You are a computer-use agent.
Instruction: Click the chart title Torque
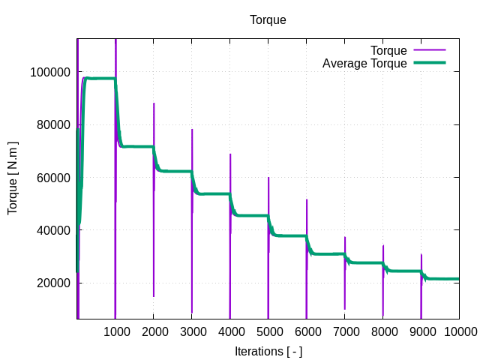point(268,20)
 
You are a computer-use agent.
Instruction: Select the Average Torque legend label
point(364,64)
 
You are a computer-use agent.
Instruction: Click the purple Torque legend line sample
point(429,51)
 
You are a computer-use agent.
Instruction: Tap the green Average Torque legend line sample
point(429,64)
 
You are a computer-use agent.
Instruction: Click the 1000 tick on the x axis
point(115,331)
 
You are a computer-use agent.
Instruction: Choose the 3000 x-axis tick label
point(192,331)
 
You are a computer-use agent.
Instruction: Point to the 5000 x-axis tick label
point(268,331)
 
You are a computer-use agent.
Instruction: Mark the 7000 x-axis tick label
point(345,331)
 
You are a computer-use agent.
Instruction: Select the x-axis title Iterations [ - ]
point(268,351)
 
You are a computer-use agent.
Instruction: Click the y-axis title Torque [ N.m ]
point(13,177)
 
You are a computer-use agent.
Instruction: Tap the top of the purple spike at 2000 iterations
point(154,103)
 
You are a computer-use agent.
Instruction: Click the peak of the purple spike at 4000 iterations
point(230,154)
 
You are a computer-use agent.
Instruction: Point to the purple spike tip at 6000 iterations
point(307,199)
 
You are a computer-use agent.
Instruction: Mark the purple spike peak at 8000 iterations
point(383,245)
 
